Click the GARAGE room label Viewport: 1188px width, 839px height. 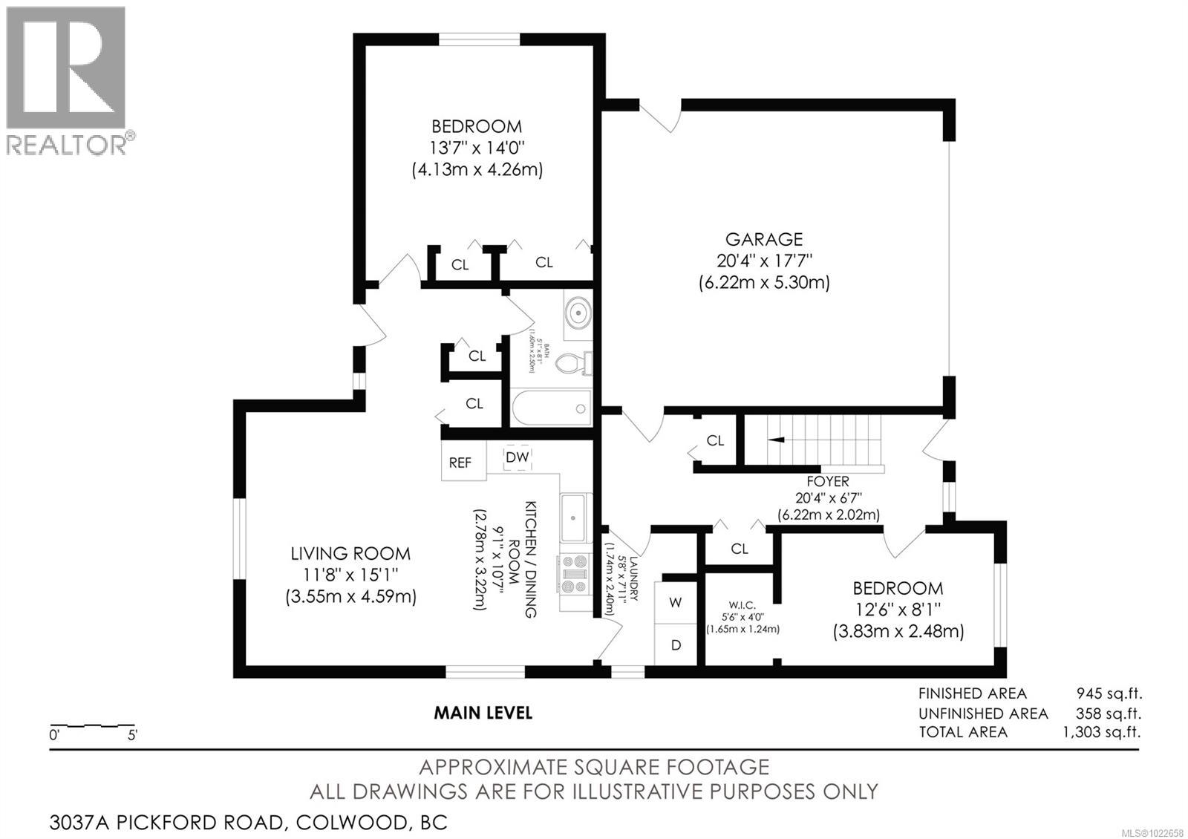[763, 239]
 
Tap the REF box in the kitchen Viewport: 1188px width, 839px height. [460, 462]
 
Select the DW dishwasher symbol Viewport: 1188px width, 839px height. [518, 457]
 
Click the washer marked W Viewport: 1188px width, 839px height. [675, 602]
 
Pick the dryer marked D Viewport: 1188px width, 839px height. [676, 645]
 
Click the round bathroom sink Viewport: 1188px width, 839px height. [577, 313]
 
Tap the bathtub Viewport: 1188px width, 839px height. [551, 408]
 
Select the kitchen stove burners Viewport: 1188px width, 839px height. [574, 574]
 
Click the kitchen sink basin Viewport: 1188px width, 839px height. [573, 518]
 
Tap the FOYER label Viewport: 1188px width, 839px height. [829, 481]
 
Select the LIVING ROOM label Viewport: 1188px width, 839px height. [350, 553]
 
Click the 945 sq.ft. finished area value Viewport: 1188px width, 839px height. [1109, 693]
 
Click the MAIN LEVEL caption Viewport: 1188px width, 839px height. [483, 713]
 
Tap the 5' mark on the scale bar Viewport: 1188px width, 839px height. [133, 736]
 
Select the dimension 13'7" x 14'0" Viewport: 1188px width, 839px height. [477, 147]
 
